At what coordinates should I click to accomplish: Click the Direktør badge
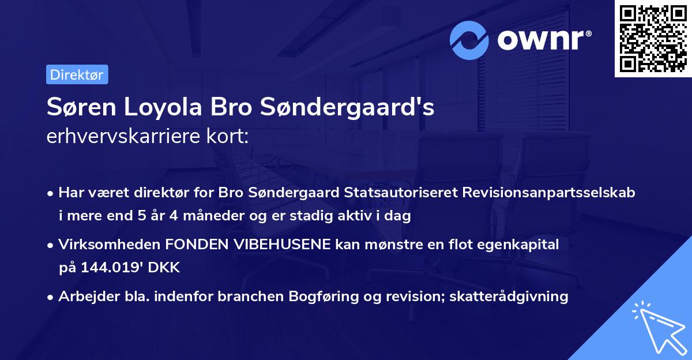point(77,74)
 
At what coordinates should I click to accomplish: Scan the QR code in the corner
point(653,38)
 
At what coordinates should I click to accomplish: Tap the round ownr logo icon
point(469,40)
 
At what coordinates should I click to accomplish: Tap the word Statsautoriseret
point(400,193)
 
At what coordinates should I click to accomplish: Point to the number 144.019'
point(110,267)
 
